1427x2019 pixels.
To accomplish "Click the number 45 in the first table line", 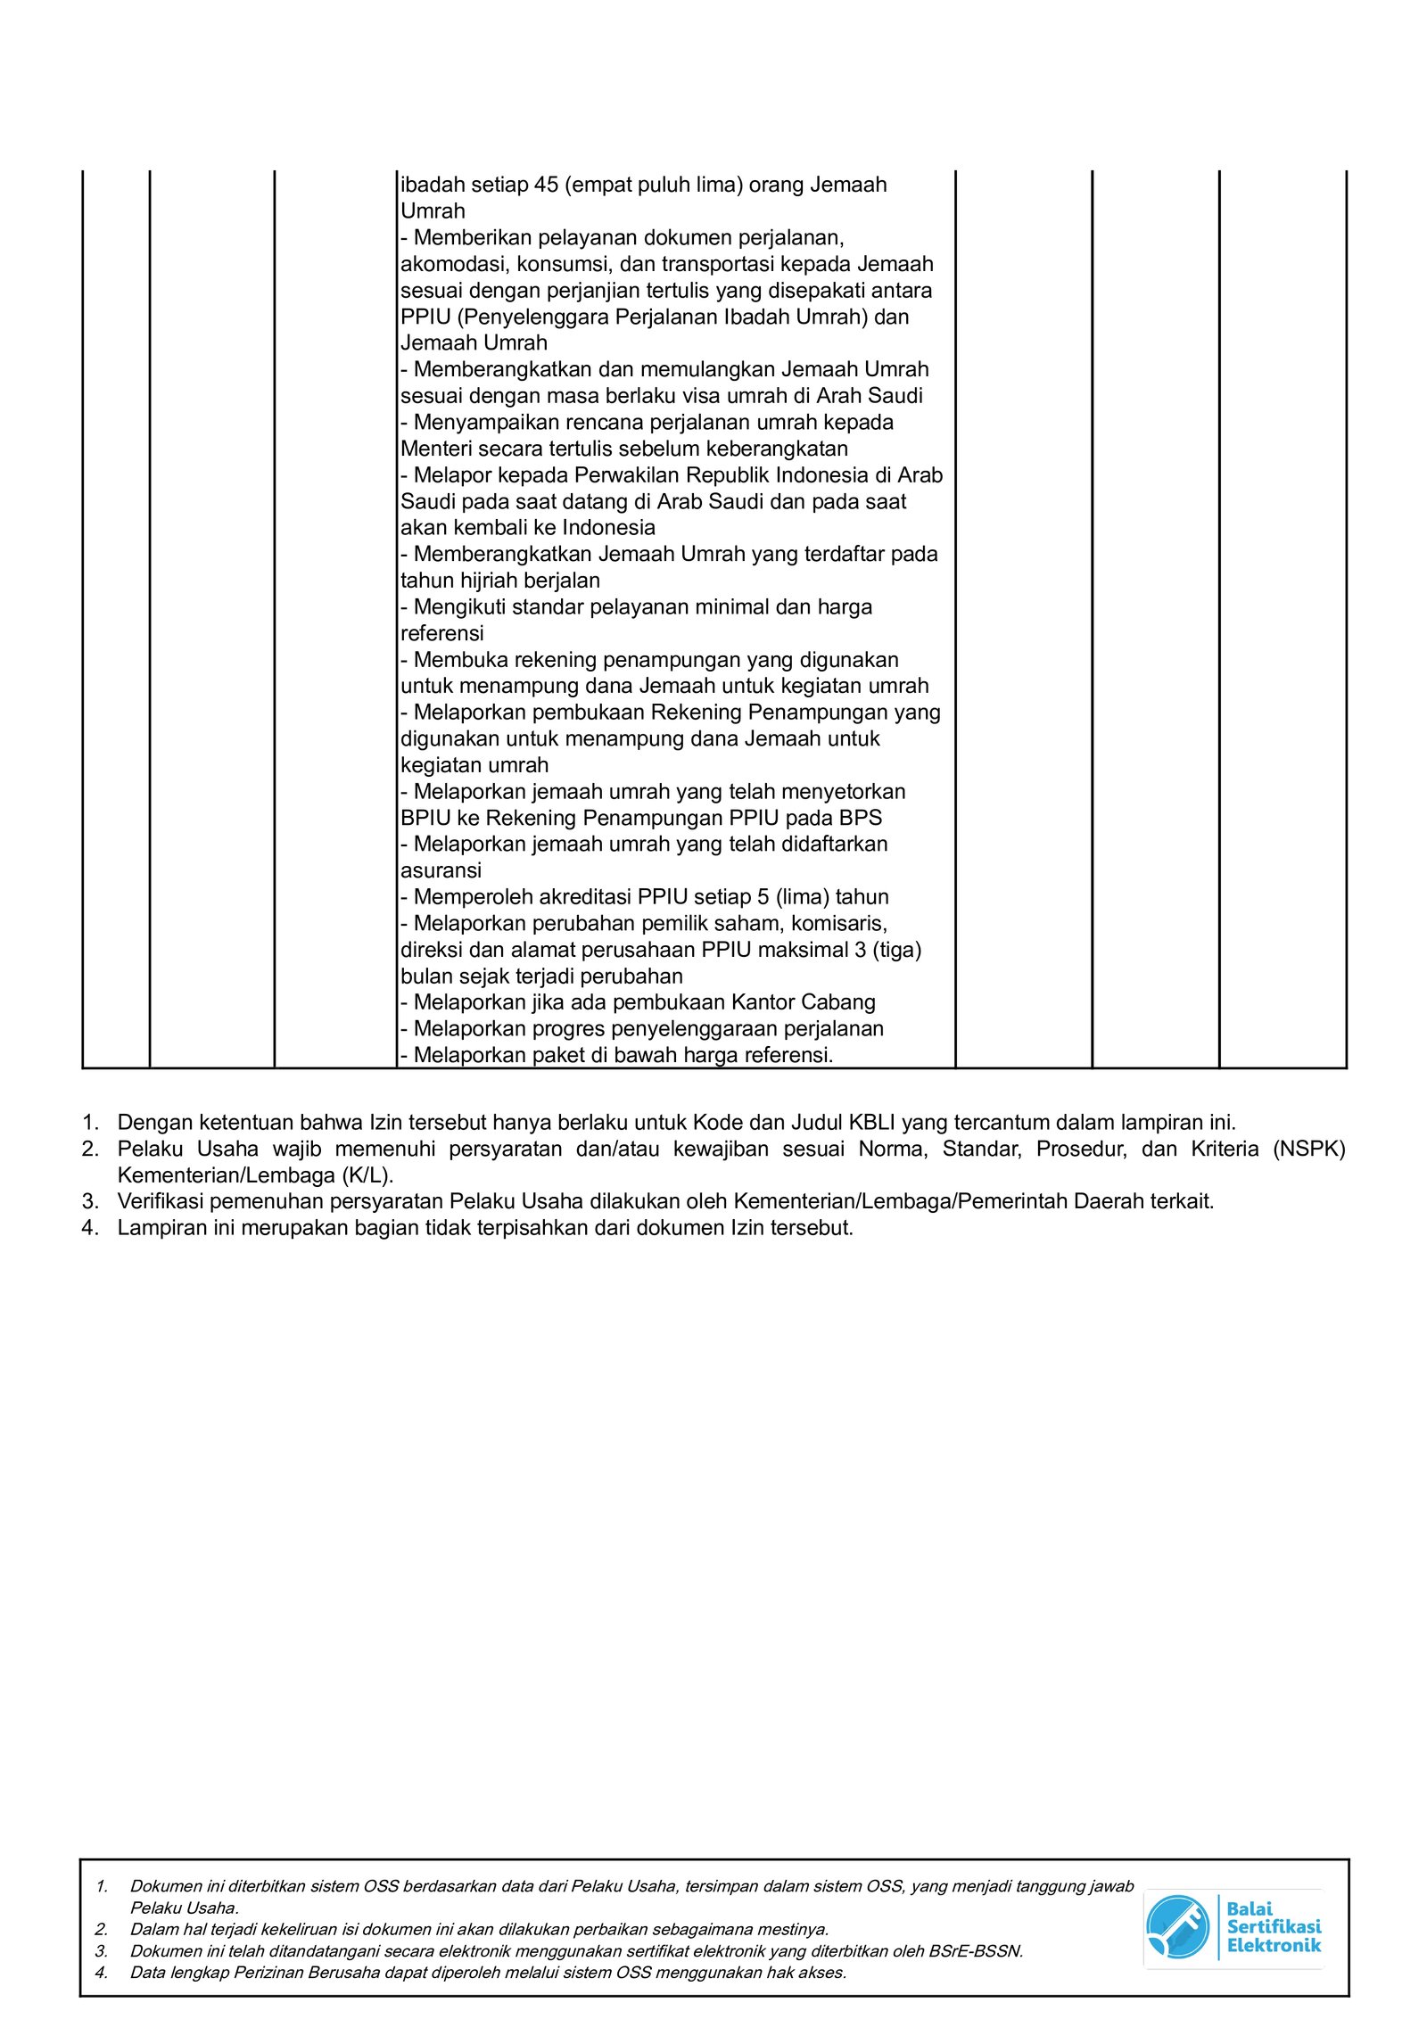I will pyautogui.click(x=546, y=185).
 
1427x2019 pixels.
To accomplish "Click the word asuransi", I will pyautogui.click(x=441, y=870).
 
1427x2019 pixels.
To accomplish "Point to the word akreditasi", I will pyautogui.click(x=579, y=897).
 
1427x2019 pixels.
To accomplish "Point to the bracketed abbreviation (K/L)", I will pyautogui.click(x=367, y=1175).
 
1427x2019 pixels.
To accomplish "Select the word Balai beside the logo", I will pyautogui.click(x=1249, y=1909).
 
